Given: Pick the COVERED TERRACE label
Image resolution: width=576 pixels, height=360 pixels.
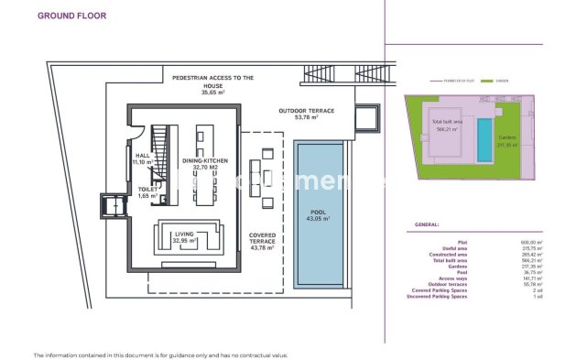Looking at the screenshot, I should (263, 240).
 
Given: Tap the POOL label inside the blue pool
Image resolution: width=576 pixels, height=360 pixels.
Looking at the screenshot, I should (318, 215).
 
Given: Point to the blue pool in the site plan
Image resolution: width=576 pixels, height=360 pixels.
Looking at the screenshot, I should (484, 137).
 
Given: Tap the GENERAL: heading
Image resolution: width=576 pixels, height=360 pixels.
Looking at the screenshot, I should (427, 224).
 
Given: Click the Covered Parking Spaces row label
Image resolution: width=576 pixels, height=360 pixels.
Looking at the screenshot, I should (448, 290).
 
